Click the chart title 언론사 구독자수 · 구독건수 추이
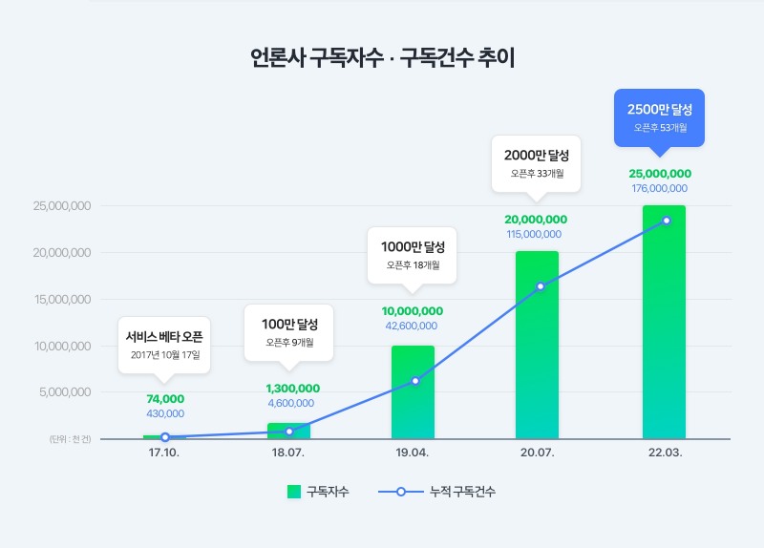pyautogui.click(x=382, y=56)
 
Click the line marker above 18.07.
pyautogui.click(x=289, y=432)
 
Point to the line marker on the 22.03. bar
pyautogui.click(x=667, y=221)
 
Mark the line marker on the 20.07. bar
pyautogui.click(x=541, y=286)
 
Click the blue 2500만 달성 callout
pyautogui.click(x=660, y=116)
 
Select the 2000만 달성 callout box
pyautogui.click(x=537, y=163)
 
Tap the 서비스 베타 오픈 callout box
pyautogui.click(x=165, y=345)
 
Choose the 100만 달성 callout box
pyautogui.click(x=288, y=331)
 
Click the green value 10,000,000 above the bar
pyautogui.click(x=413, y=311)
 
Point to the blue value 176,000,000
pyautogui.click(x=659, y=188)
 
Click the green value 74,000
pyautogui.click(x=165, y=399)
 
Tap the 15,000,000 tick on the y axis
pyautogui.click(x=61, y=300)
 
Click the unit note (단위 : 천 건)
pyautogui.click(x=70, y=439)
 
